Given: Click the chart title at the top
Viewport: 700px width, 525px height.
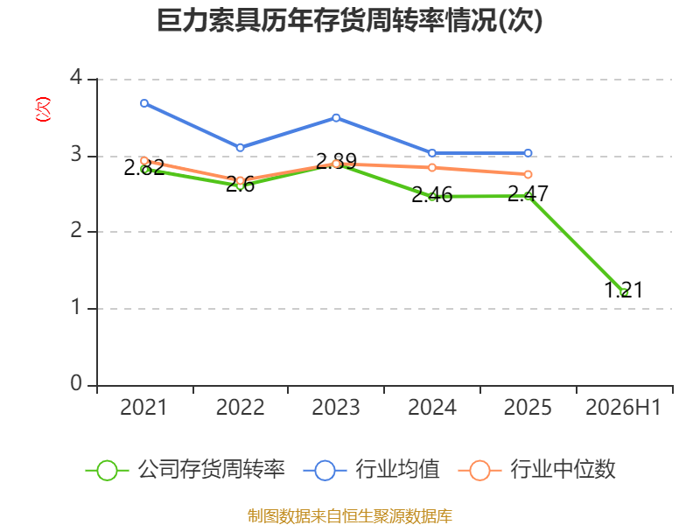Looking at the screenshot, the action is [x=349, y=21].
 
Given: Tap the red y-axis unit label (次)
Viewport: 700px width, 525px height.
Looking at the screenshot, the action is [x=43, y=108].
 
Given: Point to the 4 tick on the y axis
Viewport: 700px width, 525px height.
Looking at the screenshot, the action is [x=76, y=78].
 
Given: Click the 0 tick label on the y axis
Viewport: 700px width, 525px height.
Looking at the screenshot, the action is [x=76, y=383].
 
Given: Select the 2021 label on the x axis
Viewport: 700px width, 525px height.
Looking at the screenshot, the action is [x=143, y=408].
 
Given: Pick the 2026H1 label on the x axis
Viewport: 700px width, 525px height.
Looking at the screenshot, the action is [x=623, y=408].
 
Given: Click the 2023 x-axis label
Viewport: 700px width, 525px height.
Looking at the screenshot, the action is [x=336, y=408].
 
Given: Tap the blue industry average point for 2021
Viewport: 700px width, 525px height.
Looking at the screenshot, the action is [x=144, y=103].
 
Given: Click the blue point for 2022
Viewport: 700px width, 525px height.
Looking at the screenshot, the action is [x=240, y=147].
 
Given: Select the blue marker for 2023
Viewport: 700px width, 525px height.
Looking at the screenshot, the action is [x=336, y=118].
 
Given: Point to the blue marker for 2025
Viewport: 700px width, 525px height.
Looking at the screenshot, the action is [x=528, y=153].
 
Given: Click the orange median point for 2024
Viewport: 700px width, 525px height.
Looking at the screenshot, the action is [x=432, y=167].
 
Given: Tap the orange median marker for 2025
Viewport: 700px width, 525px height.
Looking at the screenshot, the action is [x=528, y=174].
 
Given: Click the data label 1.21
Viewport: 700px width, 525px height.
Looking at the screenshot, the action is [x=624, y=290].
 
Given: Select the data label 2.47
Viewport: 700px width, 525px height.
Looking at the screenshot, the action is [x=528, y=193].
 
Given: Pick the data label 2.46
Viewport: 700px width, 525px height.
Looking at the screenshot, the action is [x=432, y=194].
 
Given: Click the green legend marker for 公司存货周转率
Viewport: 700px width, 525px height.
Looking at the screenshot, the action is [x=107, y=471].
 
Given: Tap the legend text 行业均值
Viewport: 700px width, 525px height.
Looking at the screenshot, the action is [x=397, y=470].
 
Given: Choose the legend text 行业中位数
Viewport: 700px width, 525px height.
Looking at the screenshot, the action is [x=563, y=470].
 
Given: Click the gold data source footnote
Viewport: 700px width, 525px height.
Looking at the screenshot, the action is [x=350, y=516].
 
